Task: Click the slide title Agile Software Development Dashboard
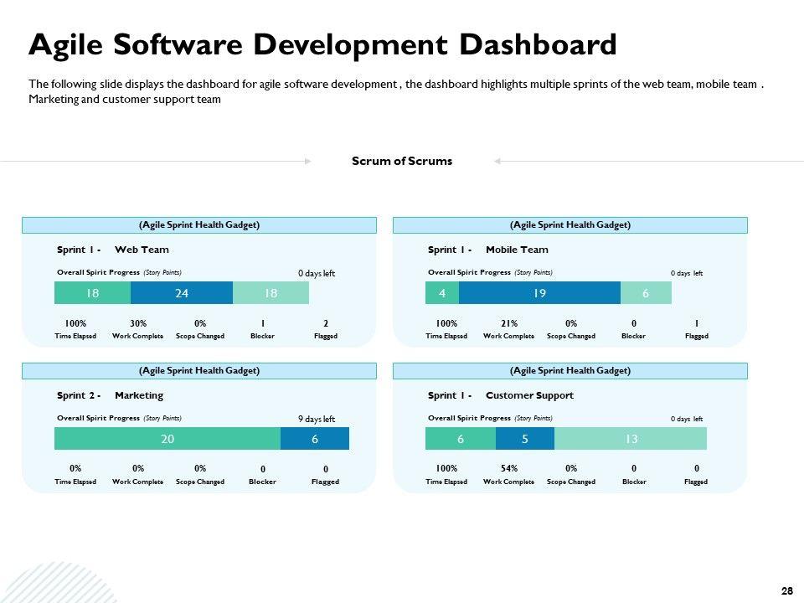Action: point(322,44)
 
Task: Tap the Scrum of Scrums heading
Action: point(402,161)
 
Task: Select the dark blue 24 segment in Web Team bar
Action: point(182,292)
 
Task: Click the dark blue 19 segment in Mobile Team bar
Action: point(539,292)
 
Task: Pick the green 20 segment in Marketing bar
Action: point(167,438)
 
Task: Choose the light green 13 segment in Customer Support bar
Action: point(631,438)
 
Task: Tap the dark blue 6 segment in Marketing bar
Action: point(315,438)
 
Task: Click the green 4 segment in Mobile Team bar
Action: point(442,292)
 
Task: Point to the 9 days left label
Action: point(317,419)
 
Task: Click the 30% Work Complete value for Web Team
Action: point(138,323)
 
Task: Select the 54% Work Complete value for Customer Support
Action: point(509,468)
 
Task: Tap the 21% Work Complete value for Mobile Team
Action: point(509,323)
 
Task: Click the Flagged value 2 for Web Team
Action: point(326,323)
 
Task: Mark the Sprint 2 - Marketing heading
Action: point(110,395)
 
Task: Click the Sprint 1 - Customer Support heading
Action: point(501,395)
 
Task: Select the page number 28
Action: point(786,591)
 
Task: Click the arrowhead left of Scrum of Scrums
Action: point(308,161)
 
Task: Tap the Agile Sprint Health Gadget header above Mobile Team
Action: point(569,224)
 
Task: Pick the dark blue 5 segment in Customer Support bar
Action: point(525,438)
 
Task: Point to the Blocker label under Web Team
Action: point(262,336)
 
